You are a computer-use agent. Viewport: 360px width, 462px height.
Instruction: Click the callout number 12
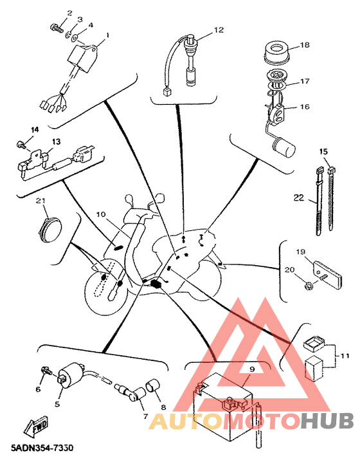pos(219,30)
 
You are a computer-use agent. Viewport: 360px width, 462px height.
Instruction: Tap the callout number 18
pos(305,45)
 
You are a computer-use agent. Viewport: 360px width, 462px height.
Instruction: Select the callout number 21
pos(40,201)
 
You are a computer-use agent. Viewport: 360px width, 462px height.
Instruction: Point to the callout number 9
pos(252,369)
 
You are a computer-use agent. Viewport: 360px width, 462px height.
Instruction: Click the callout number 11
pos(345,356)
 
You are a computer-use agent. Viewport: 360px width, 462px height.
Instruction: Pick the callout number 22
pos(299,198)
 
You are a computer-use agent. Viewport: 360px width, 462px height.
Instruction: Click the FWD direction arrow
pos(35,427)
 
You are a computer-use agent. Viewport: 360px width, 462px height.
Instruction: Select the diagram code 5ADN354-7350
pos(42,448)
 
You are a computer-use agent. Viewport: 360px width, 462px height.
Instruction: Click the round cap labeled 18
pos(276,53)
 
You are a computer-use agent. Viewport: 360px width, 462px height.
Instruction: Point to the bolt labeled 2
pos(56,28)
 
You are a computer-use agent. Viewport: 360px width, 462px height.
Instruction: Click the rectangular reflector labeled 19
pos(327,274)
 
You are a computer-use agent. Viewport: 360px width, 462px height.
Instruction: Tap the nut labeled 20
pos(307,285)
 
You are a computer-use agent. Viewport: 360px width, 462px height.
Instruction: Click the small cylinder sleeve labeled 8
pos(152,385)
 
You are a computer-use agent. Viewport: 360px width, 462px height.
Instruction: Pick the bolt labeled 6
pos(46,371)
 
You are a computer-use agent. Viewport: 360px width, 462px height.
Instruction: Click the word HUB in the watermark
pos(327,420)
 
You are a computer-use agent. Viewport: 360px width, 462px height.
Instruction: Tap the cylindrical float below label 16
pos(283,147)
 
